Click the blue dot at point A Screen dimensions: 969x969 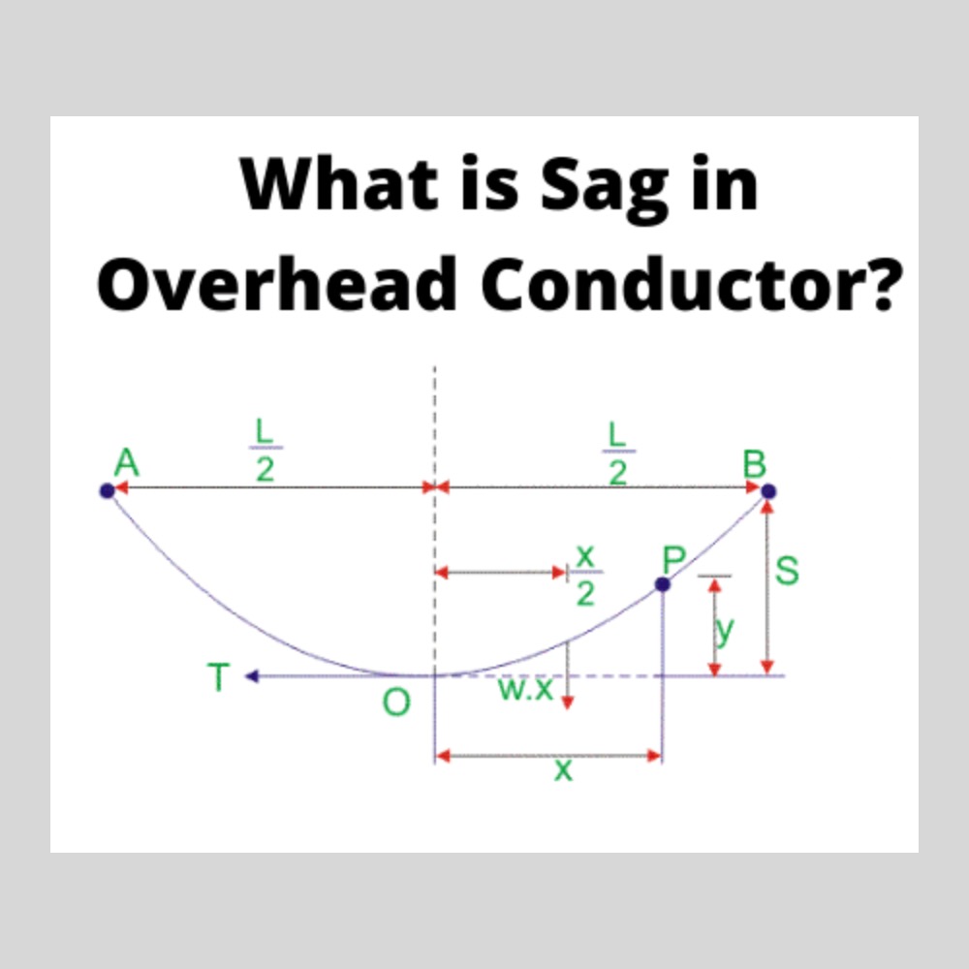click(107, 491)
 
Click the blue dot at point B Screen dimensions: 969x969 click(768, 491)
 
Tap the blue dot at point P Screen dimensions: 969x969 click(663, 584)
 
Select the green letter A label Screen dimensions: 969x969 click(126, 463)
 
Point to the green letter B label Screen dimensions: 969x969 click(754, 464)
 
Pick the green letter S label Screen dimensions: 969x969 click(788, 571)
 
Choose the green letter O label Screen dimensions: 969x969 click(395, 703)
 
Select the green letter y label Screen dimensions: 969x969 click(724, 630)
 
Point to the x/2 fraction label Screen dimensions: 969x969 click(584, 576)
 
